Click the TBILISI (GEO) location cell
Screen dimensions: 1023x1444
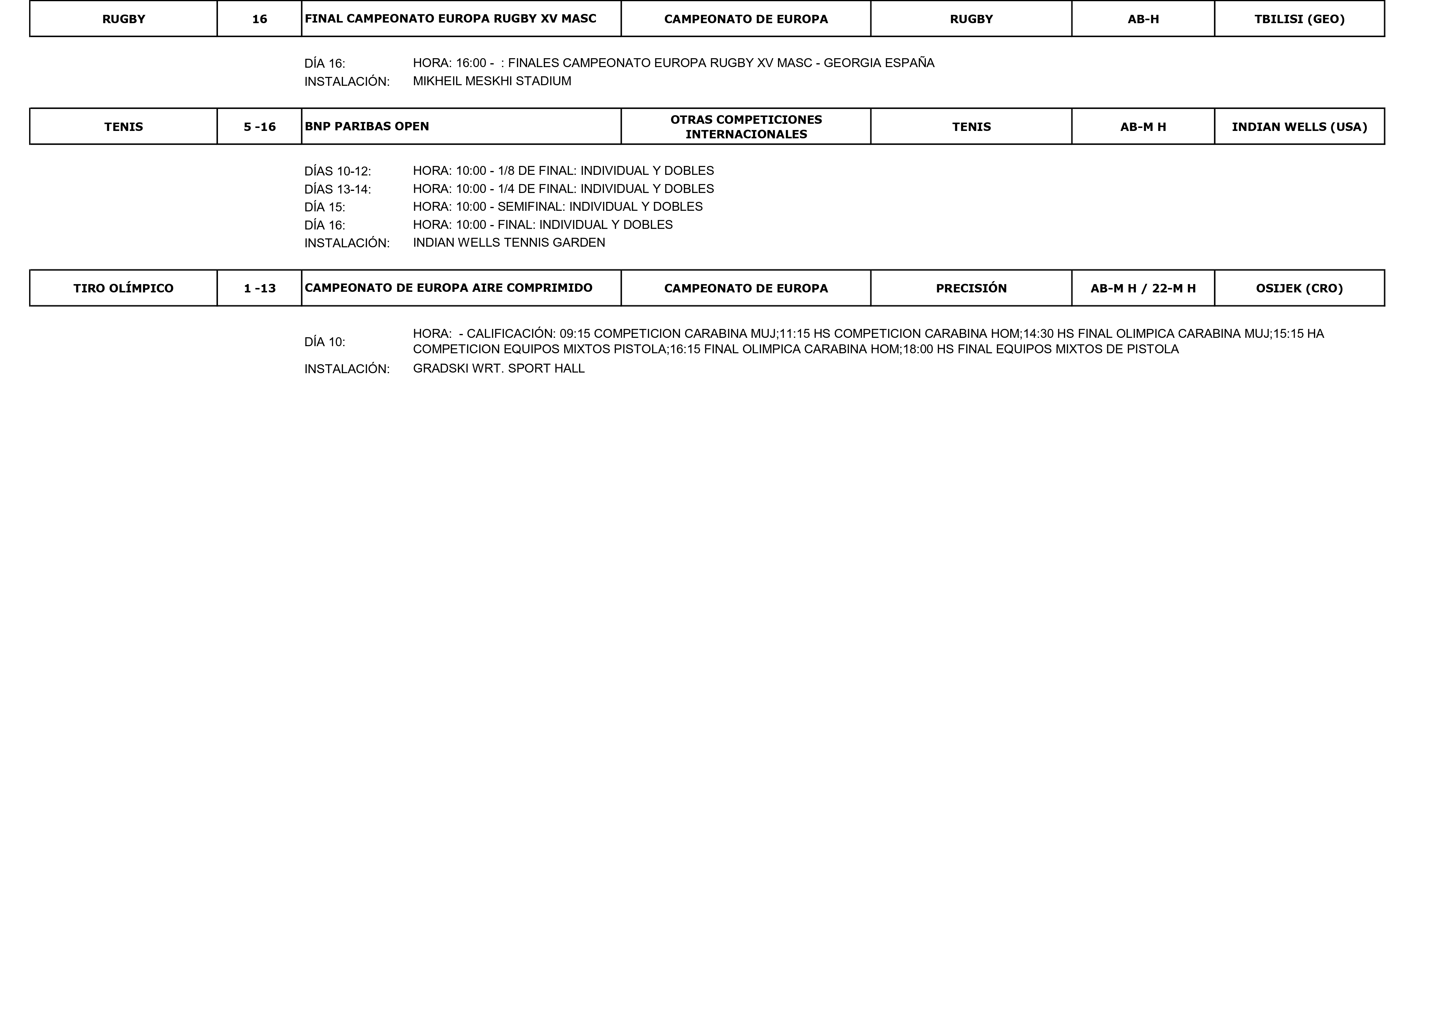pyautogui.click(x=1299, y=19)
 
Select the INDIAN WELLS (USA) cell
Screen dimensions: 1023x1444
pyautogui.click(x=1299, y=127)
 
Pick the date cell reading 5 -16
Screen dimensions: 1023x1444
pyautogui.click(x=260, y=127)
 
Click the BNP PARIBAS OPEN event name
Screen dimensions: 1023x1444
pyautogui.click(x=367, y=126)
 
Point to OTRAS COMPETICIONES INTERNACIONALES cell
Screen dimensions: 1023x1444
pyautogui.click(x=746, y=127)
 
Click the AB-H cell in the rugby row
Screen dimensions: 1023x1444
pyautogui.click(x=1143, y=19)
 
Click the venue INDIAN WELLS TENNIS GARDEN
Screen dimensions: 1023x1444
pyautogui.click(x=509, y=243)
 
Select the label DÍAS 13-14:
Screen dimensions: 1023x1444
pyautogui.click(x=338, y=189)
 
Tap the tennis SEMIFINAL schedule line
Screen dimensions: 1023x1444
pyautogui.click(x=558, y=207)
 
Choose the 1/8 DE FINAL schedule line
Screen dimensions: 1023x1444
pyautogui.click(x=563, y=171)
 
